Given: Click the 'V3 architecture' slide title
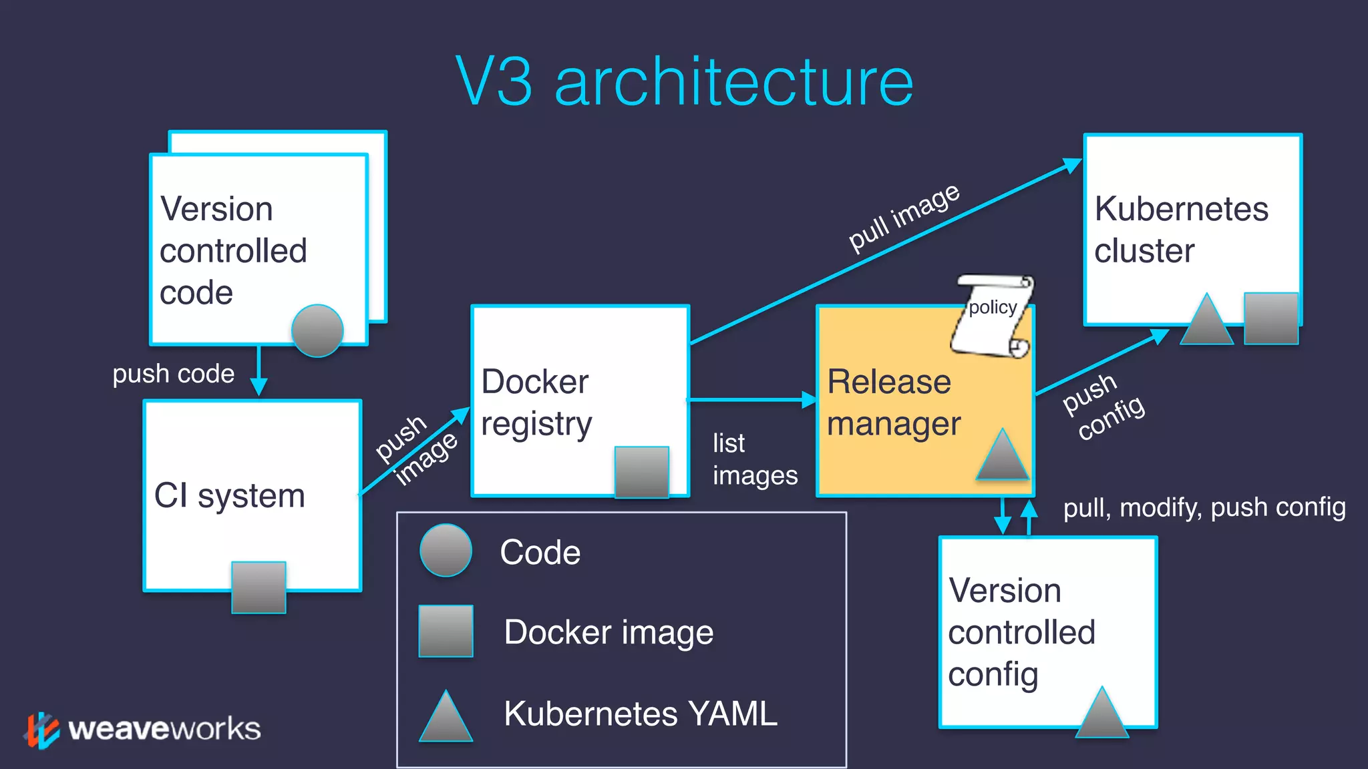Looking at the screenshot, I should click(x=684, y=81).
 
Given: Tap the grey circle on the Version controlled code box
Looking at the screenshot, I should click(x=317, y=331).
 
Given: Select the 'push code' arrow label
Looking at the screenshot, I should click(x=173, y=374).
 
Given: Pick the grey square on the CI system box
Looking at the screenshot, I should click(x=259, y=587).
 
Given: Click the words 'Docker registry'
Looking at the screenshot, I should click(x=536, y=403).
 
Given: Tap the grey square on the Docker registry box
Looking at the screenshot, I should click(x=641, y=472).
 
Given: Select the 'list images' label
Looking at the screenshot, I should click(x=754, y=459).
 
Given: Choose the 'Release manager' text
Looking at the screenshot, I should click(x=893, y=403).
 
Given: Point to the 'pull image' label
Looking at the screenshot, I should click(x=903, y=218).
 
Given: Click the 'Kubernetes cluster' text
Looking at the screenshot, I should click(x=1180, y=230).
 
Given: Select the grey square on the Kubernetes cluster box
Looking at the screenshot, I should click(x=1270, y=318).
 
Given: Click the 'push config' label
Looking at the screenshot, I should click(x=1103, y=407).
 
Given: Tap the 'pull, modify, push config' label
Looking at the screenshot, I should click(x=1204, y=507).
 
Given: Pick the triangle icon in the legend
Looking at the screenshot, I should click(x=446, y=718).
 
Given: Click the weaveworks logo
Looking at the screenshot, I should click(x=144, y=729).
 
